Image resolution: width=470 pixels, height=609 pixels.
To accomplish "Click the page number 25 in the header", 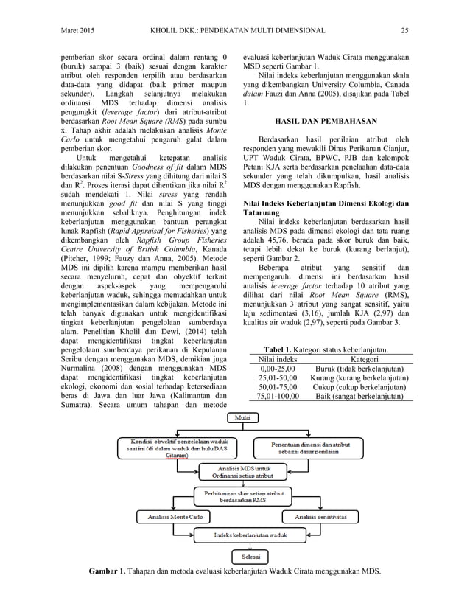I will (404, 29).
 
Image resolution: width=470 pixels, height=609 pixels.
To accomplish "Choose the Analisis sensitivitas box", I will (317, 517).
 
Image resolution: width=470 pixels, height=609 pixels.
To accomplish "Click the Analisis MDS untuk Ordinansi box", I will (241, 471).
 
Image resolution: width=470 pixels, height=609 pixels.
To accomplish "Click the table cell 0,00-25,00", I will (273, 368).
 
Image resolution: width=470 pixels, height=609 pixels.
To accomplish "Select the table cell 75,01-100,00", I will (273, 396).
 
